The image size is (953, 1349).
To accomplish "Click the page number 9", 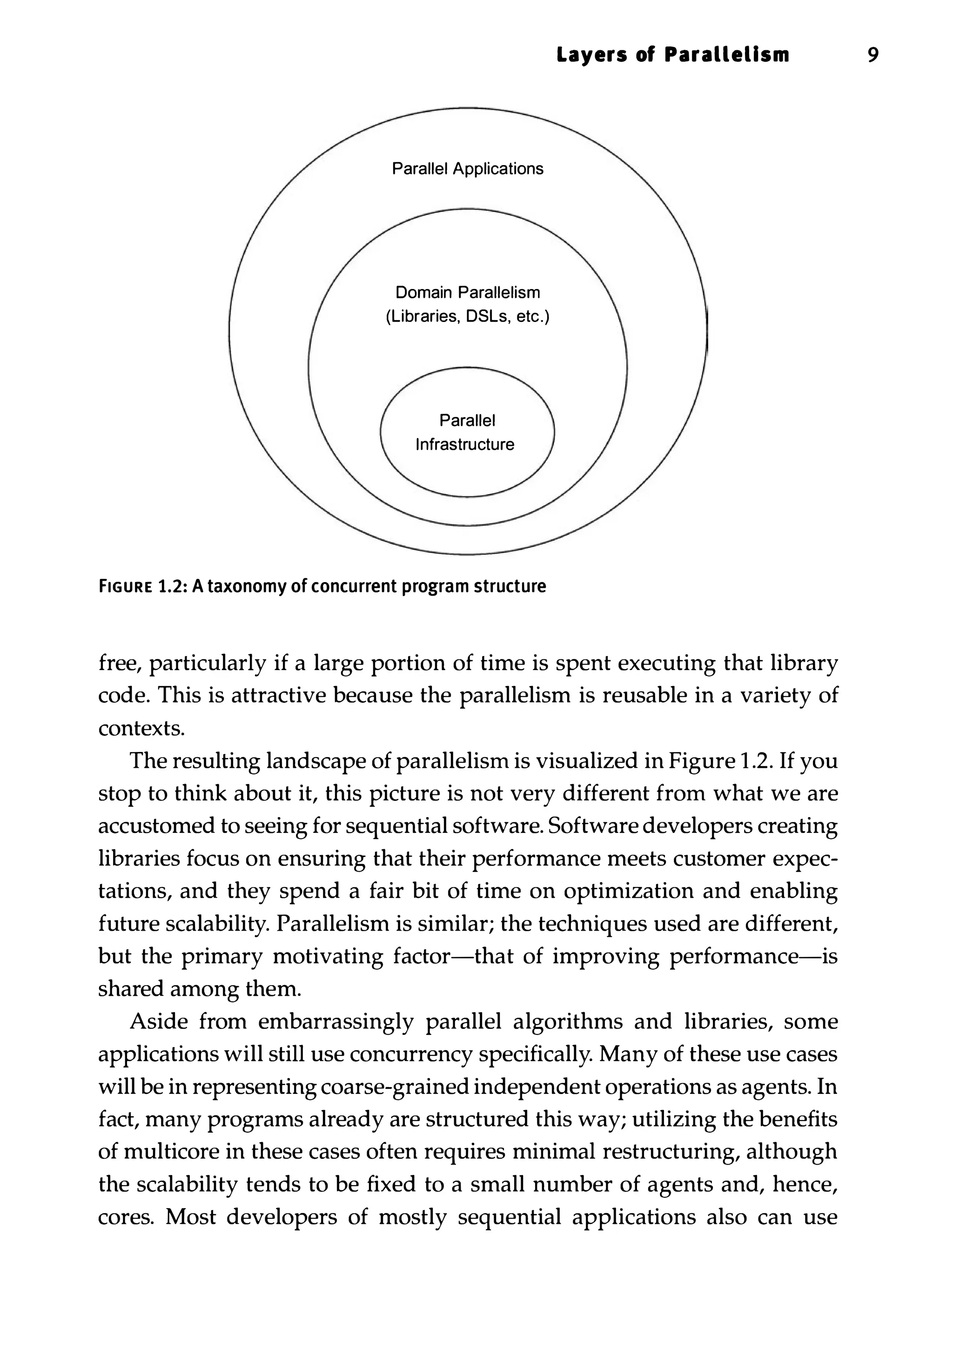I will pyautogui.click(x=872, y=56).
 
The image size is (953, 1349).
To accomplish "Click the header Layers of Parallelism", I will pyautogui.click(x=673, y=56).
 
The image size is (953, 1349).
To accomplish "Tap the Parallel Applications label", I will pyautogui.click(x=468, y=169).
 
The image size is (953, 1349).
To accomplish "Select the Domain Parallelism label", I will pyautogui.click(x=468, y=293).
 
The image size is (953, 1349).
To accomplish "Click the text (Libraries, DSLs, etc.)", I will pyautogui.click(x=468, y=317).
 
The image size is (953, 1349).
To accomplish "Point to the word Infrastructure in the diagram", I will pyautogui.click(x=465, y=445).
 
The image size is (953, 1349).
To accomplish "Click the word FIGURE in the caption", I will pyautogui.click(x=125, y=587).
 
